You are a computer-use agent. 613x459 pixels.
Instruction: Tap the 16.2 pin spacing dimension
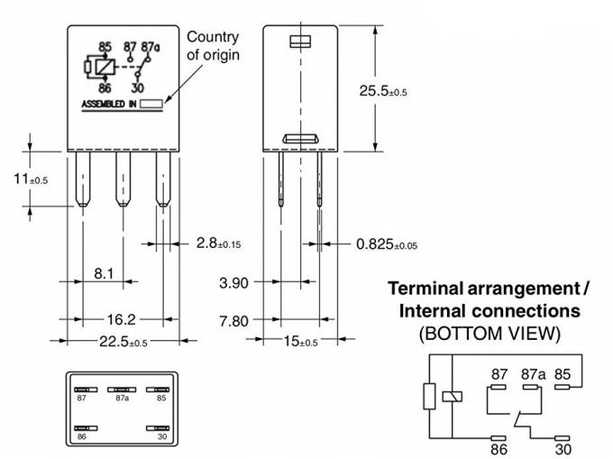[122, 319]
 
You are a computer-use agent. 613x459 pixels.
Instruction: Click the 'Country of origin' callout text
[212, 45]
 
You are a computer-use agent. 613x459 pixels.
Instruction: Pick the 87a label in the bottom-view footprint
[121, 397]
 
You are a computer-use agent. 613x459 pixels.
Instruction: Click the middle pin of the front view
[121, 179]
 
